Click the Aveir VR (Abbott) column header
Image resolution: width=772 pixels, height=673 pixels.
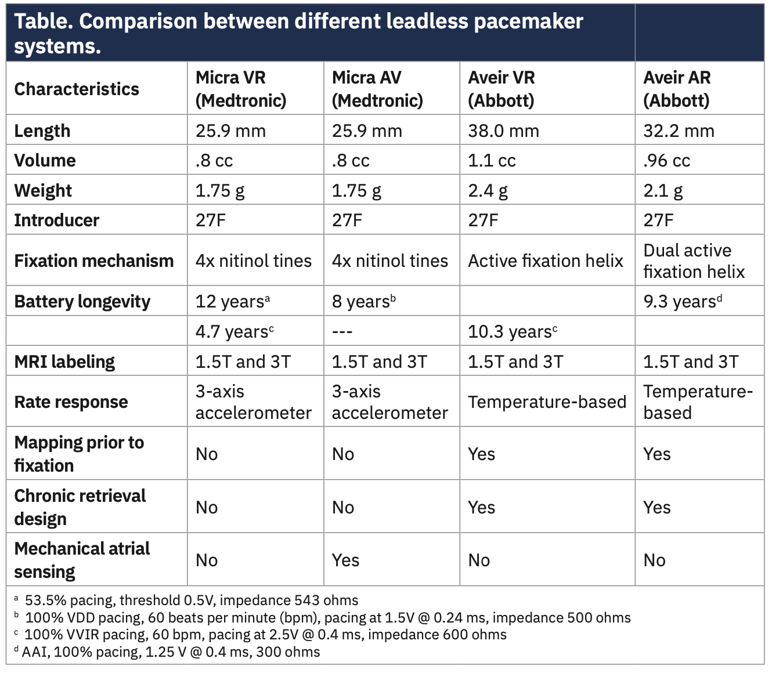click(x=502, y=89)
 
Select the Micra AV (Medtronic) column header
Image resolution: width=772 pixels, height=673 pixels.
click(x=377, y=89)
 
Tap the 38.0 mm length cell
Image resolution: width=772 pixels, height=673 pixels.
click(x=503, y=131)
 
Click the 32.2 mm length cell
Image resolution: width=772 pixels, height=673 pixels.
click(x=679, y=131)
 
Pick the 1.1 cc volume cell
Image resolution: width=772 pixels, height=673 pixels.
click(x=492, y=161)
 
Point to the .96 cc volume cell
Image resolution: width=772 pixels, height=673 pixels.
click(x=666, y=161)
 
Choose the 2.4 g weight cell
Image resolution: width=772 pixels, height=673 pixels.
click(x=488, y=191)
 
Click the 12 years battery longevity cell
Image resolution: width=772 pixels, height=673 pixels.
click(x=233, y=302)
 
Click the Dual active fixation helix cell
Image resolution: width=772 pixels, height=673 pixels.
click(x=694, y=261)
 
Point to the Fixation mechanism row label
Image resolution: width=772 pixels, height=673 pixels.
click(x=93, y=261)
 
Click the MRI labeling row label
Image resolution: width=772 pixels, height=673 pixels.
click(x=64, y=362)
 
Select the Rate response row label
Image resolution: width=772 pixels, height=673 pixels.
click(x=71, y=402)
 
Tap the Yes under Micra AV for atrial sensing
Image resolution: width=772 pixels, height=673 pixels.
click(x=345, y=560)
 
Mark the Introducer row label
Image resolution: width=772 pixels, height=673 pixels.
click(x=56, y=220)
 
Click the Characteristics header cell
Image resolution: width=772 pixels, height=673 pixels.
click(x=77, y=89)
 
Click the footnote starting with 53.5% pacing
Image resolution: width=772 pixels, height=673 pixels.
click(x=191, y=600)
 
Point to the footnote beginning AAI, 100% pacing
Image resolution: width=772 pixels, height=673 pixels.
click(x=171, y=652)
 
